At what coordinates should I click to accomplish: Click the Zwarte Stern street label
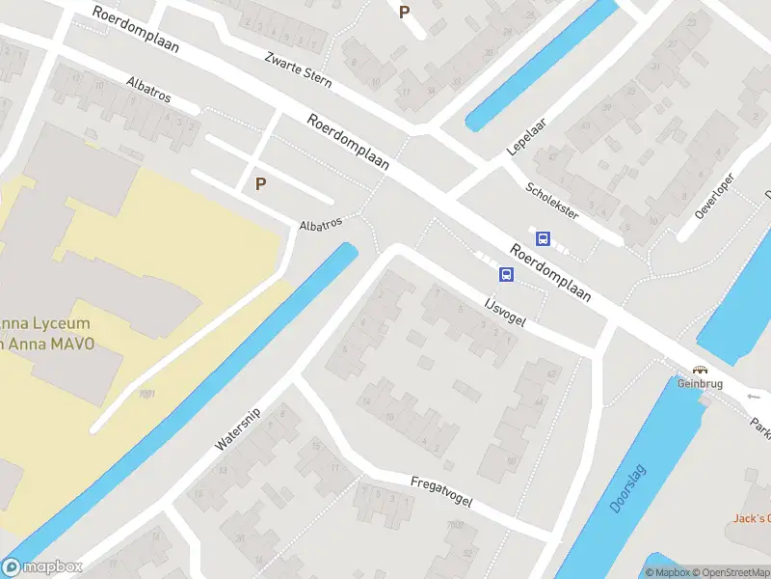tap(298, 69)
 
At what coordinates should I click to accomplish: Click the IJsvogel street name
tap(504, 312)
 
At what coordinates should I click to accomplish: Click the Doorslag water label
tap(628, 489)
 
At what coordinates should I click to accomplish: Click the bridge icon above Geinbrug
tap(700, 369)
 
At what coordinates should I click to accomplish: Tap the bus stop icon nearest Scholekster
tap(543, 238)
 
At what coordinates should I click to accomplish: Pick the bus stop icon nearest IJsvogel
tap(506, 274)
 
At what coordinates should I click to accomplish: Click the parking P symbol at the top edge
tap(405, 12)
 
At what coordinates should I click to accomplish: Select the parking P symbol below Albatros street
tap(260, 182)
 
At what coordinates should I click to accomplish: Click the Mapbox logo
tap(42, 566)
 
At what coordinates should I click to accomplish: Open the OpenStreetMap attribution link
tap(729, 572)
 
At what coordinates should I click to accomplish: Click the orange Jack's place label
tap(751, 518)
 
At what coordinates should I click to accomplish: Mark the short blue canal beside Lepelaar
tap(541, 66)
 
